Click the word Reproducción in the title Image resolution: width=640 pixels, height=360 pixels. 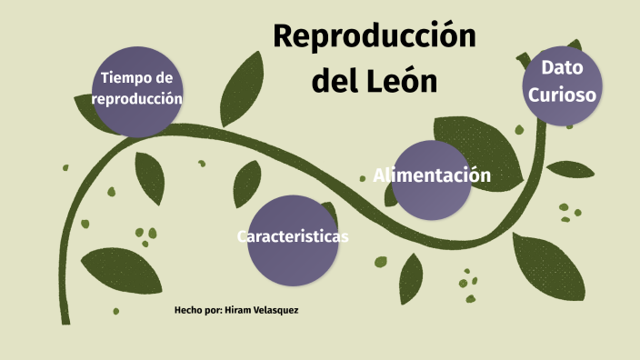point(375,37)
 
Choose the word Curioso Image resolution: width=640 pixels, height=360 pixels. point(563,94)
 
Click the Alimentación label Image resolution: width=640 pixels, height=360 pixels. point(432,175)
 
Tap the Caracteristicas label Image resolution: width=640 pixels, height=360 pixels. point(293,236)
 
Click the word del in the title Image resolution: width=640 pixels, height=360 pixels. point(331,81)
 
